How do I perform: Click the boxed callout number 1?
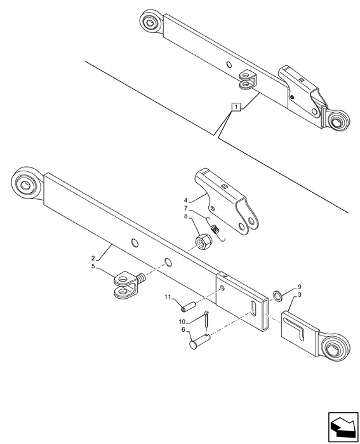tap(236, 107)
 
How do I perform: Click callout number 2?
tap(93, 258)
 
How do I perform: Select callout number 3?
tap(299, 295)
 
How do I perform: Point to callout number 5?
tap(93, 266)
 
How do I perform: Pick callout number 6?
tap(183, 330)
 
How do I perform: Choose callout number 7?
tap(185, 208)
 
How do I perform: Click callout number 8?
tap(185, 217)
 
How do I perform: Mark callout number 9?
tap(299, 287)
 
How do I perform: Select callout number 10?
tap(182, 322)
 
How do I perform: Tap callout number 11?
tap(168, 297)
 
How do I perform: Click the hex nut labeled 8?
tap(202, 241)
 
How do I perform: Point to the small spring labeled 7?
tap(216, 229)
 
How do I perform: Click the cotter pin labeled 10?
tap(206, 319)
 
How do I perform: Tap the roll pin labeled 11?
tap(189, 306)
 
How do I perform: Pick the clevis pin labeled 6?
tap(199, 341)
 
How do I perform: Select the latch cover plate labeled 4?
tap(226, 201)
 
